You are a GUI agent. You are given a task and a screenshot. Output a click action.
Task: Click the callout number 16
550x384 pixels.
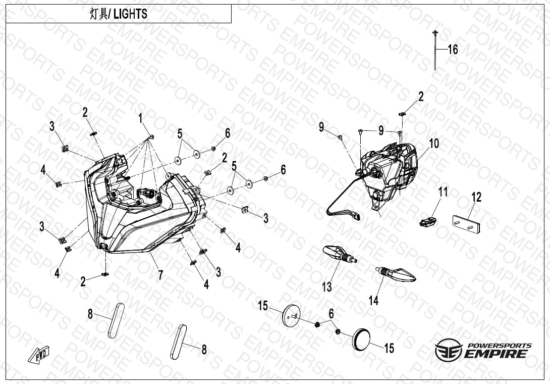point(453,50)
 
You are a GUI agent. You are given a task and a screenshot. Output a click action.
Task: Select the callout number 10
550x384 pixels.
point(433,144)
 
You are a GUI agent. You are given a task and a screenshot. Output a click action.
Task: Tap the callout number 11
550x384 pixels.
point(443,192)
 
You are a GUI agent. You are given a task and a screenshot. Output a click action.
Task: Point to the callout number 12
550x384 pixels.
point(476,197)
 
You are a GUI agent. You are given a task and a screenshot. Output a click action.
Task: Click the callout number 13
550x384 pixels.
point(327,287)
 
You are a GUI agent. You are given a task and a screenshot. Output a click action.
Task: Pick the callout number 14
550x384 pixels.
point(373,300)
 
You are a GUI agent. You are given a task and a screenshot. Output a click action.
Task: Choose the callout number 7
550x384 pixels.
point(160,275)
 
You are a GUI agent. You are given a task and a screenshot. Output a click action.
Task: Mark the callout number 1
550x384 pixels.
point(142,119)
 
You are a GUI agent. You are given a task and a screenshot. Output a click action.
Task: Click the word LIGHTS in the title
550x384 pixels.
point(130,14)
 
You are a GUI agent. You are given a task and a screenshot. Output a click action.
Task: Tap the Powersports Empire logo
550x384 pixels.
point(483,350)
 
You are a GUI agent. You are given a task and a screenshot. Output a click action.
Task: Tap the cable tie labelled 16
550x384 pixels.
point(435,51)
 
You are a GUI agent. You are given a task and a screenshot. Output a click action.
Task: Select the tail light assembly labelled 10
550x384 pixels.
point(391,172)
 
